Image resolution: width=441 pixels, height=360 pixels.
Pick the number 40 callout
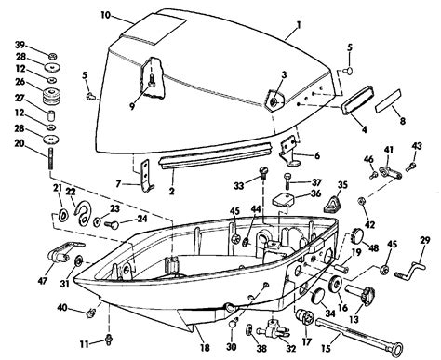[x=61, y=307]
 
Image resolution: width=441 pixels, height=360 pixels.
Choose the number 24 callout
[x=141, y=220]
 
